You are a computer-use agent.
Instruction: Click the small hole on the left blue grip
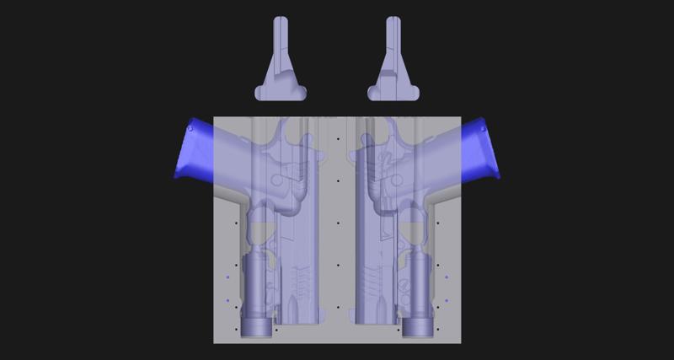click(x=191, y=129)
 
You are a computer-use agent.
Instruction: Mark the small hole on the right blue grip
click(x=484, y=129)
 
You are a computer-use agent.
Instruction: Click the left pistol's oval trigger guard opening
click(x=259, y=226)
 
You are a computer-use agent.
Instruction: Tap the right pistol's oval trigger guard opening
click(x=414, y=226)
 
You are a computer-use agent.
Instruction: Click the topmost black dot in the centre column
click(x=337, y=138)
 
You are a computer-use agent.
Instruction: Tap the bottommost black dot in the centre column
click(x=337, y=308)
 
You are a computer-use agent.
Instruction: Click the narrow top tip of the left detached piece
click(x=281, y=21)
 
